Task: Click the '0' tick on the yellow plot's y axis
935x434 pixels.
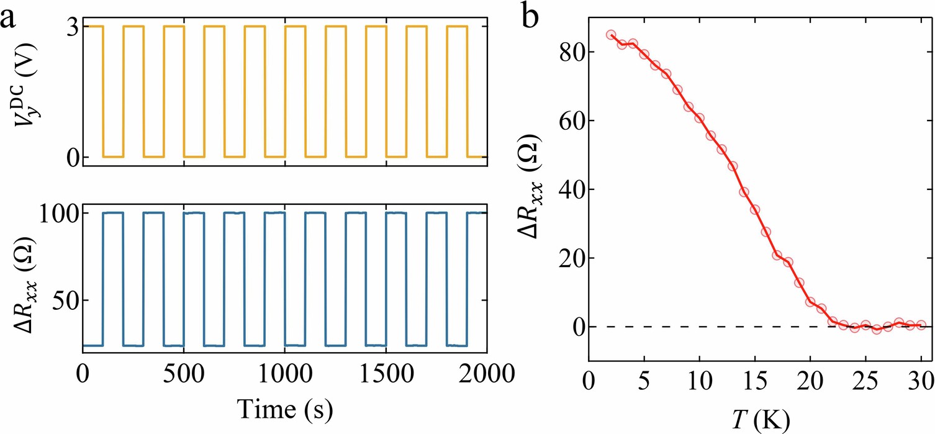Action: [73, 157]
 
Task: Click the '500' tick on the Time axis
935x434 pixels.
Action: [184, 374]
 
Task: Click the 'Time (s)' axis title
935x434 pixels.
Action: [284, 409]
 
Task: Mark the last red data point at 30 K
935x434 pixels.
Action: [921, 325]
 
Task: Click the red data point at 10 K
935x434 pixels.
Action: [700, 118]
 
